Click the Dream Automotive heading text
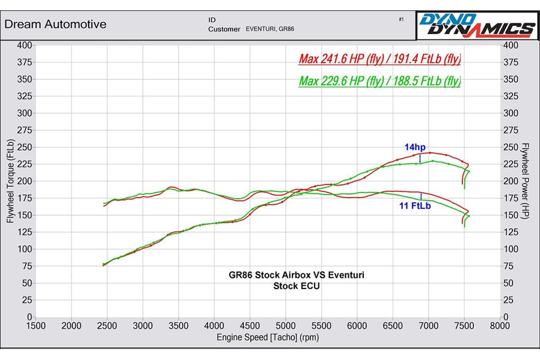[x=55, y=24]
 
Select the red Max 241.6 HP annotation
[x=380, y=59]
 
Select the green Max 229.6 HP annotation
[x=380, y=81]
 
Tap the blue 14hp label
[x=414, y=147]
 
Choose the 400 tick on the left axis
[x=24, y=45]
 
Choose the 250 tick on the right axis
[x=511, y=147]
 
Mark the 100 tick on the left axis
[x=24, y=249]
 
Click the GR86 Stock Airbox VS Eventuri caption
[x=293, y=275]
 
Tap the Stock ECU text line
[x=293, y=286]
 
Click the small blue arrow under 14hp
[x=420, y=158]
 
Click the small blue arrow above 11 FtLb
[x=421, y=196]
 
